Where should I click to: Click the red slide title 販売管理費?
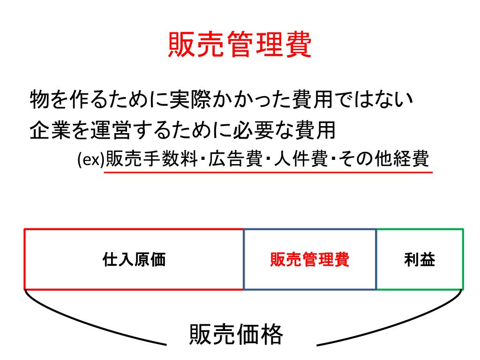[x=240, y=45]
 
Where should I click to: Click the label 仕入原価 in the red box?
[x=134, y=259]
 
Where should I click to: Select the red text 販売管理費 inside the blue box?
[x=309, y=259]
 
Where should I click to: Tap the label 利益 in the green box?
[x=420, y=259]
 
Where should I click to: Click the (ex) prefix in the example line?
[x=91, y=160]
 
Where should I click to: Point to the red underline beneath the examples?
[x=267, y=172]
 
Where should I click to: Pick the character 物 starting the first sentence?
[x=37, y=100]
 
